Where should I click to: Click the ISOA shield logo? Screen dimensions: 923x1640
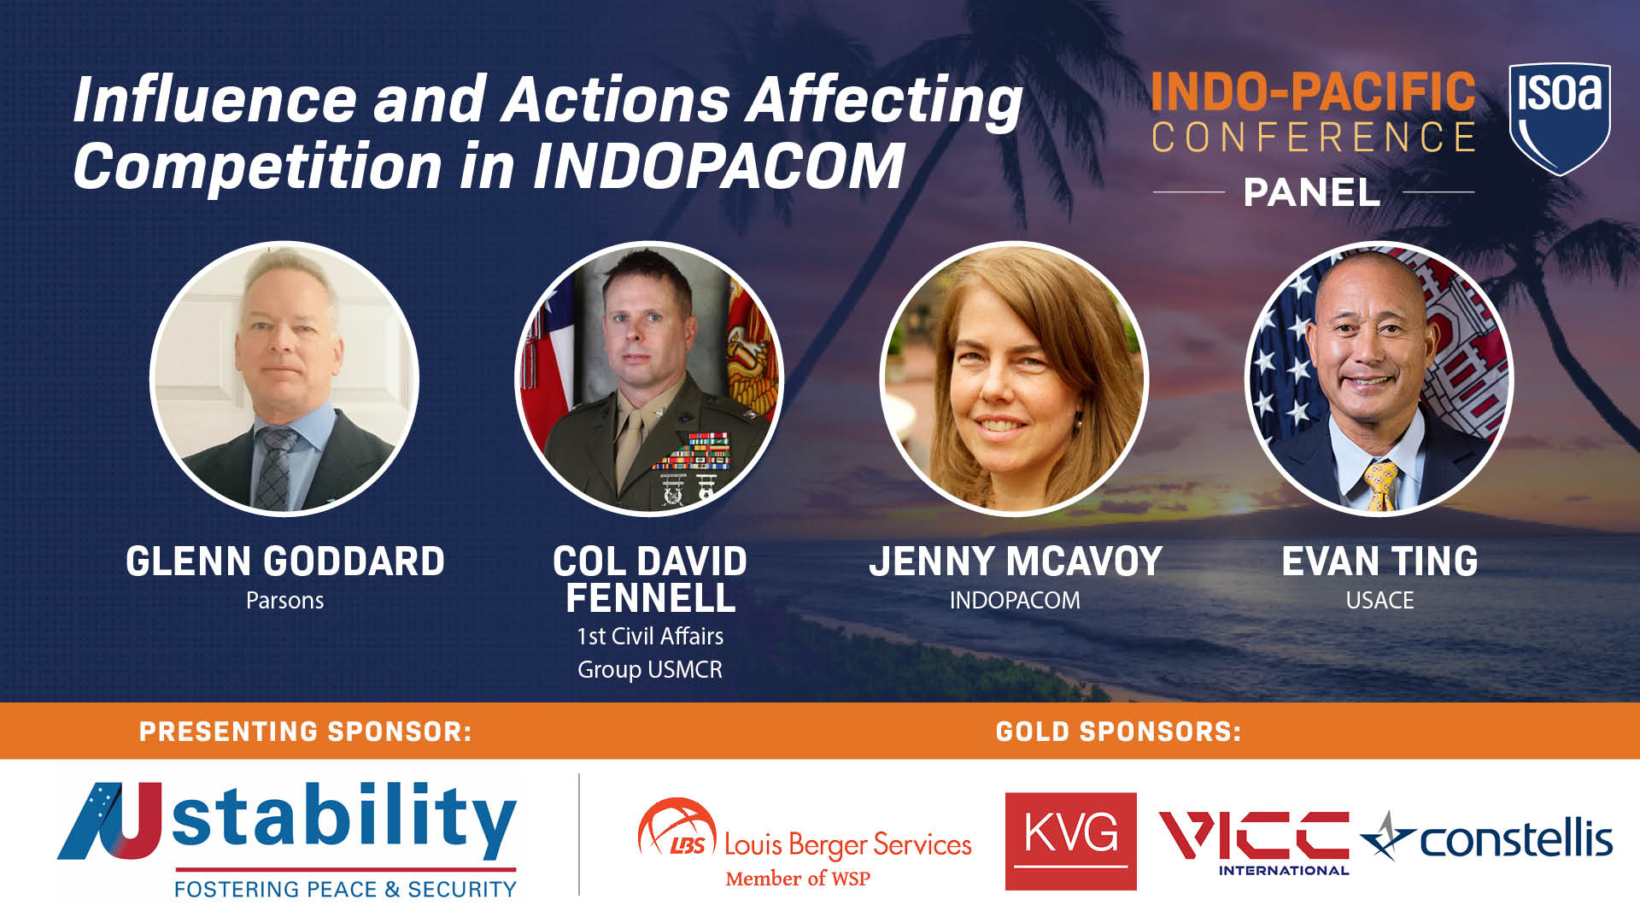(1560, 117)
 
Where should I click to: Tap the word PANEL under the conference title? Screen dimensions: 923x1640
(1312, 193)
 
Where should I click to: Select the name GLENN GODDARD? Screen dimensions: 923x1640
(284, 561)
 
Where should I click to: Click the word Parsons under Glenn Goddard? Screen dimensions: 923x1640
(284, 601)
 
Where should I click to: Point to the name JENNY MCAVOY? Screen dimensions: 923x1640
(1016, 561)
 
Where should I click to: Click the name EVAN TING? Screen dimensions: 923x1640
(1379, 561)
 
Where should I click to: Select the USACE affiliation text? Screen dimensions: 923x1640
(1379, 601)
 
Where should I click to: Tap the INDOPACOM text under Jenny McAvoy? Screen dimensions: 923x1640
(1015, 601)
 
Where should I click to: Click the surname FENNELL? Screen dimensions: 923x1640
(650, 598)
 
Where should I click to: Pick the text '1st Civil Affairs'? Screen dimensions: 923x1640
(650, 637)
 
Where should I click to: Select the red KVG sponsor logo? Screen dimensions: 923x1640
(1070, 841)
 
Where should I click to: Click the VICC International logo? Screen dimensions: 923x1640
(1253, 841)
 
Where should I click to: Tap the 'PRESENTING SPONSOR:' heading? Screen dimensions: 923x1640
(305, 732)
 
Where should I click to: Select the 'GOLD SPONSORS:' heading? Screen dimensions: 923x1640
(1118, 732)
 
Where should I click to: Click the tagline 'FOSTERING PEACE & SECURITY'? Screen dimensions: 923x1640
(345, 890)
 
